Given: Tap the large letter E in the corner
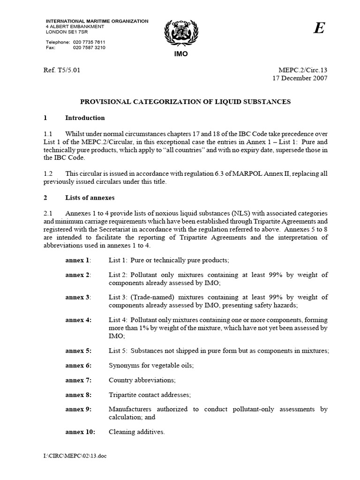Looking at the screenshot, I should click(x=319, y=29).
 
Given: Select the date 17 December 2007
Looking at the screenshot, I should click(x=300, y=78).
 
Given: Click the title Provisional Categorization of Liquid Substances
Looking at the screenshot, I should click(x=186, y=101).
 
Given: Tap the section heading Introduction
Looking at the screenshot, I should click(x=85, y=118).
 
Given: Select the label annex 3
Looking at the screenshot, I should click(x=78, y=297).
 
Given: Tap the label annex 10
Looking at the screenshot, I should click(x=80, y=432).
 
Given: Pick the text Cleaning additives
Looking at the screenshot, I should click(x=136, y=432).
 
